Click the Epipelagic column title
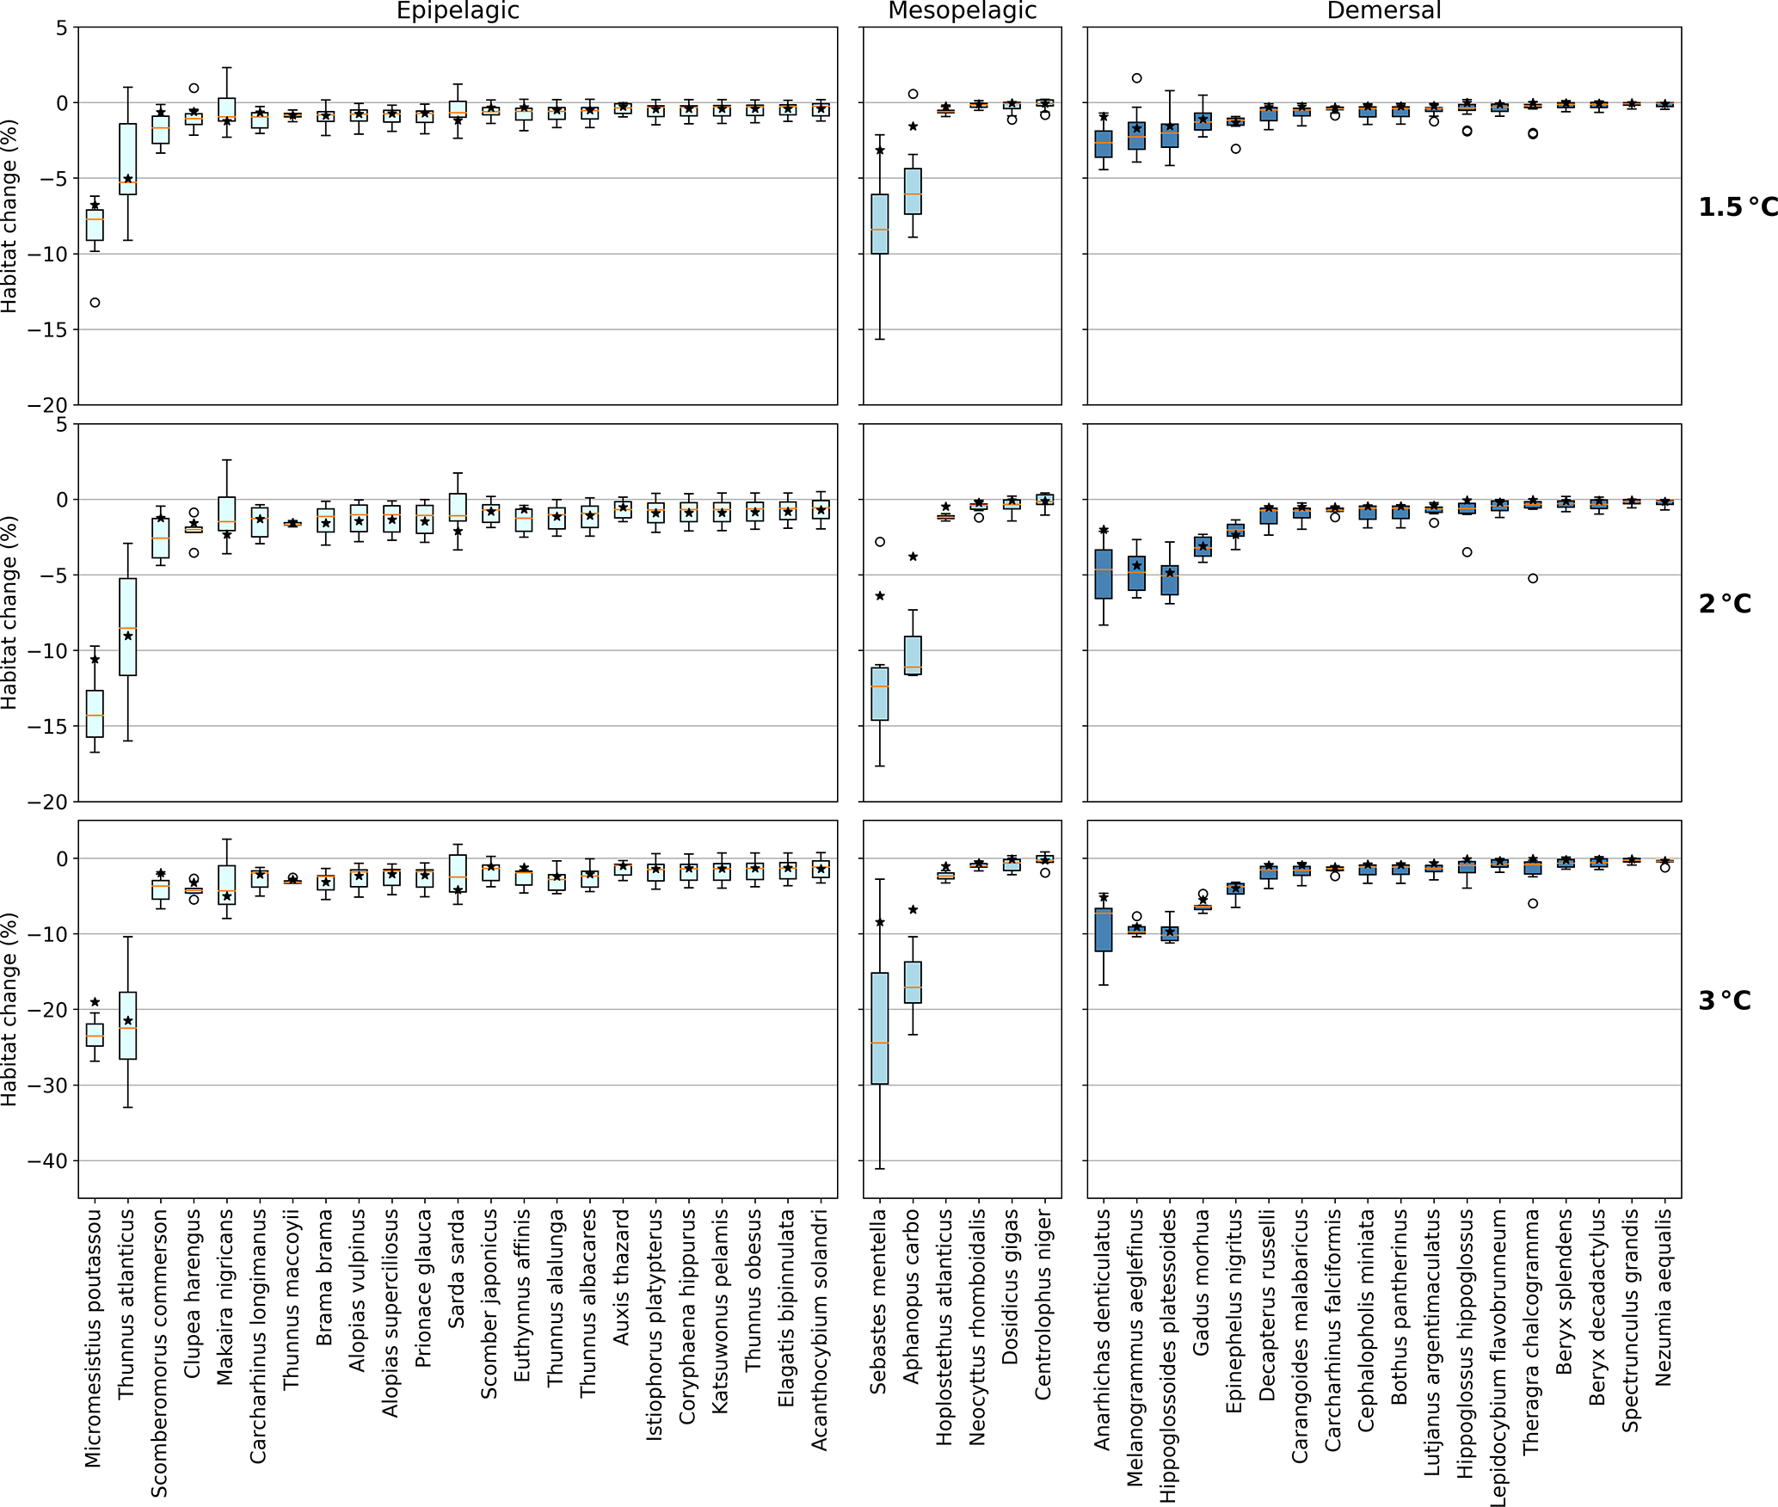pyautogui.click(x=458, y=11)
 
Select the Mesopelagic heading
pyautogui.click(x=962, y=11)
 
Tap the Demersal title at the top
pyautogui.click(x=1383, y=11)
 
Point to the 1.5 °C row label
pyautogui.click(x=1737, y=207)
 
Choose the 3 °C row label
pyautogui.click(x=1725, y=1000)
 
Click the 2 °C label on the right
pyautogui.click(x=1725, y=604)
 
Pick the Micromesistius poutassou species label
pyautogui.click(x=94, y=1338)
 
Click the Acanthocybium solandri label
pyautogui.click(x=820, y=1330)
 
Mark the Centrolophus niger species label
pyautogui.click(x=1043, y=1304)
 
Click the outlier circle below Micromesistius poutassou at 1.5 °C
pyautogui.click(x=95, y=303)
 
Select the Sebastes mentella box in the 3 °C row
pyautogui.click(x=880, y=1028)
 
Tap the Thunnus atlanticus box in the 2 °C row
pyautogui.click(x=127, y=626)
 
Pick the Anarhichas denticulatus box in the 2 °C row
pyautogui.click(x=1104, y=574)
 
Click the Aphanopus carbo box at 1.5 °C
pyautogui.click(x=913, y=191)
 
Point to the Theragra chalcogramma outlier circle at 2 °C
pyautogui.click(x=1533, y=578)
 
